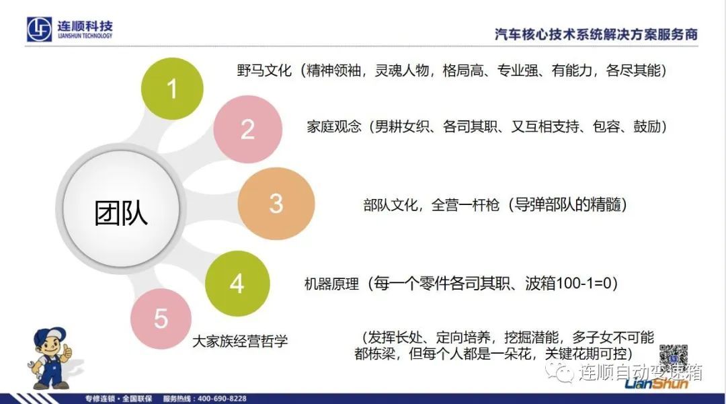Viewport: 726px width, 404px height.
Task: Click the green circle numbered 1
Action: (172, 88)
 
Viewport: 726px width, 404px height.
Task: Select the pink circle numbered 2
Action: (247, 129)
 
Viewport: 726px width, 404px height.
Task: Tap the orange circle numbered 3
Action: (276, 204)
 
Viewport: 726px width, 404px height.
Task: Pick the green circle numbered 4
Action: (237, 284)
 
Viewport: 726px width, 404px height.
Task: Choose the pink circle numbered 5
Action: (161, 319)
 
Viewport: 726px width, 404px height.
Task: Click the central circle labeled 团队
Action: (121, 208)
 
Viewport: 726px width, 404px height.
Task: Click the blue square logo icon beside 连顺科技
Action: (39, 29)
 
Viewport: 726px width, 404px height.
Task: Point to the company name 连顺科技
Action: (85, 26)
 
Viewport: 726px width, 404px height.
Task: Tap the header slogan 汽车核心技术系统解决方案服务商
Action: (596, 35)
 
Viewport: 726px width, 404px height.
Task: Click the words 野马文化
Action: (264, 71)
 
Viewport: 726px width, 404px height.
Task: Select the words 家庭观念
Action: (334, 126)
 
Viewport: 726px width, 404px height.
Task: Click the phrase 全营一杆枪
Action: (465, 204)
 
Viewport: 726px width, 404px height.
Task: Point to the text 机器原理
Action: (331, 284)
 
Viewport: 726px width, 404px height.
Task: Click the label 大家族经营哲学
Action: (240, 341)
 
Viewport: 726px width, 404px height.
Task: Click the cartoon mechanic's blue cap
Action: (50, 336)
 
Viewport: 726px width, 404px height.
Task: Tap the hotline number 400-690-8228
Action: (222, 399)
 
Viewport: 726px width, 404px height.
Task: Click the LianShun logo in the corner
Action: (656, 382)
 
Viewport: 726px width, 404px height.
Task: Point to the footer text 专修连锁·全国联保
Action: (118, 399)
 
